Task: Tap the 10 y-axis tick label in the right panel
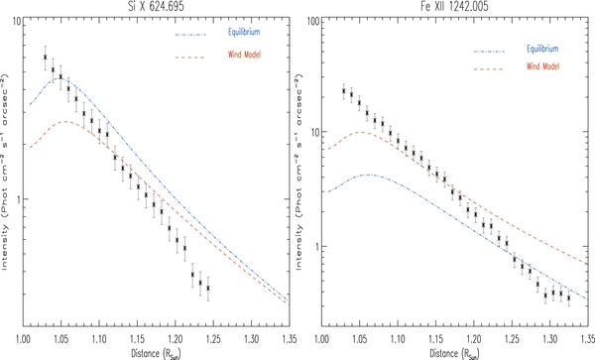tap(308, 131)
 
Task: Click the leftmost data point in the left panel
tap(45, 58)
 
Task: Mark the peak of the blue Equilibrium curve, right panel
tap(366, 175)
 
